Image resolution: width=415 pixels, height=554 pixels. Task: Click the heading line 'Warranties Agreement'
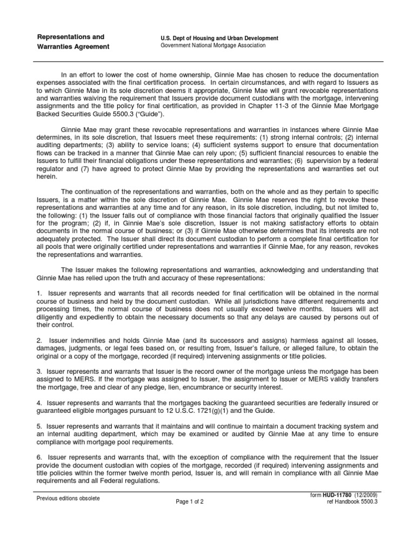click(72, 47)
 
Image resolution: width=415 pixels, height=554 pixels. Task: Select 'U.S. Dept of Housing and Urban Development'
click(216, 38)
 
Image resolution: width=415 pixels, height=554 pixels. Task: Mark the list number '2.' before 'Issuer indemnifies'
click(39, 340)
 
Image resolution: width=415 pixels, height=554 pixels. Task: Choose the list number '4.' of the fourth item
click(39, 403)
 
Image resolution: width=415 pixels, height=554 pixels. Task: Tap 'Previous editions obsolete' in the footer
click(68, 499)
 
